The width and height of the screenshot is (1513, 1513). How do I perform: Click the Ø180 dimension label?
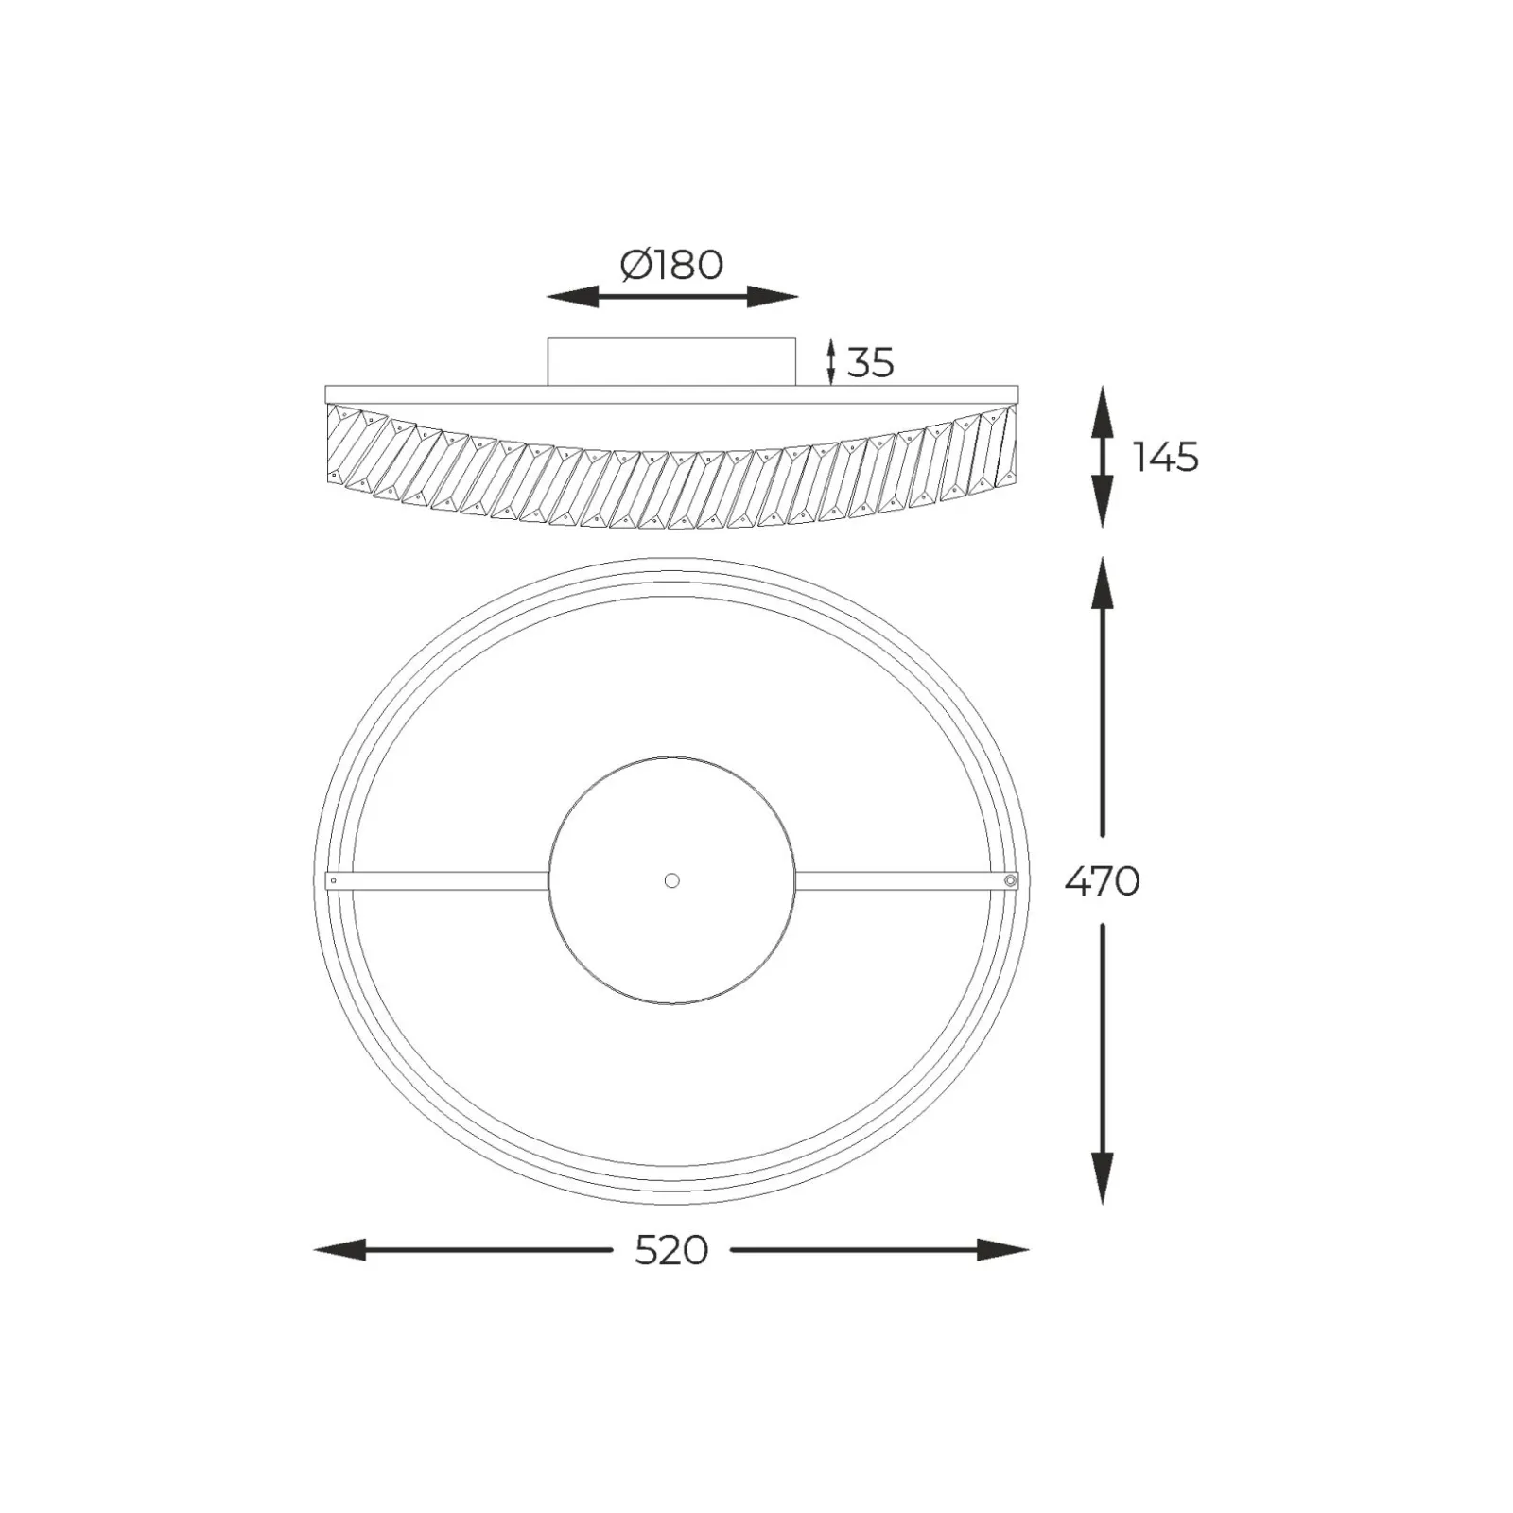(x=671, y=265)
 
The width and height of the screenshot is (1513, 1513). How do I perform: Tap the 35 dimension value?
(x=870, y=362)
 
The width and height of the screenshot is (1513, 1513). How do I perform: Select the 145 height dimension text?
(x=1166, y=457)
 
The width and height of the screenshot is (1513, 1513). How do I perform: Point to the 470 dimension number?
(x=1103, y=881)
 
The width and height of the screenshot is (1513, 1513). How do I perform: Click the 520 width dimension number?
(x=671, y=1250)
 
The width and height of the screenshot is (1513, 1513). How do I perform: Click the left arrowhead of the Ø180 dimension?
(x=573, y=297)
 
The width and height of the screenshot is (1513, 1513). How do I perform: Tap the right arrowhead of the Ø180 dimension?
(x=773, y=297)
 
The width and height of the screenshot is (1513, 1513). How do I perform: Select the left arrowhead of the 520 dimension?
(x=339, y=1250)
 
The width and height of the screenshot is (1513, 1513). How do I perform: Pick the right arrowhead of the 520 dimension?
(x=1003, y=1250)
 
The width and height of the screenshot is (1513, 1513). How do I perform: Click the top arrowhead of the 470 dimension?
(x=1103, y=583)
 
